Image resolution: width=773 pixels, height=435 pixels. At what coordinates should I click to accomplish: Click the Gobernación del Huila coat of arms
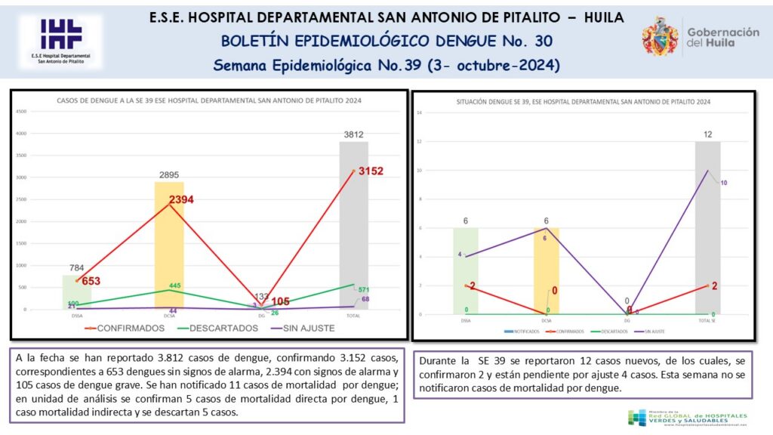tap(660, 37)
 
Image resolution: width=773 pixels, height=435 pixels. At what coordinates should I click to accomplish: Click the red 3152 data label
tap(371, 171)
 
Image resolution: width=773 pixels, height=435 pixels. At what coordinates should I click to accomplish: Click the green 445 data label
tap(174, 286)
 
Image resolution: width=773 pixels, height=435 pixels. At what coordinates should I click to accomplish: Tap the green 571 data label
tap(364, 289)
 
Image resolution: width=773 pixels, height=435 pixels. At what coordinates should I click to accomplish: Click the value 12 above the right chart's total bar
tap(708, 134)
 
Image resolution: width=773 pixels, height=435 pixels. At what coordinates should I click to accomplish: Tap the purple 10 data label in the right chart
tap(723, 183)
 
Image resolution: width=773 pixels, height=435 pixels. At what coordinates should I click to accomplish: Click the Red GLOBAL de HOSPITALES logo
tap(687, 418)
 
